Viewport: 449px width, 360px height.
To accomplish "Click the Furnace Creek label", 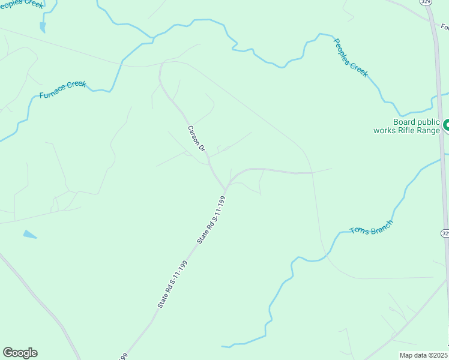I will click(62, 90).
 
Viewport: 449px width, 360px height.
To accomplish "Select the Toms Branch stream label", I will click(372, 227).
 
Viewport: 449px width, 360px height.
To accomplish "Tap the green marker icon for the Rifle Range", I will click(446, 125).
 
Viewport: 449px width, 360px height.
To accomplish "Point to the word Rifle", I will click(410, 130).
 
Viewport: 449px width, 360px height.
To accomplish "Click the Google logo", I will click(20, 353).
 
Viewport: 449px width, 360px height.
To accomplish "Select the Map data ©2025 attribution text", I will click(424, 355).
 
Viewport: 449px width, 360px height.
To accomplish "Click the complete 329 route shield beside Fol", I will click(426, 2).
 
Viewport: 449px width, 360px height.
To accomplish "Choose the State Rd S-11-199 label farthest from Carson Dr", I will click(172, 285).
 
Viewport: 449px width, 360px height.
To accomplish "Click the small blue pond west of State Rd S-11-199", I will click(30, 235).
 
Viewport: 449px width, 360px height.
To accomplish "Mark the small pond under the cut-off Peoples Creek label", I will click(42, 27).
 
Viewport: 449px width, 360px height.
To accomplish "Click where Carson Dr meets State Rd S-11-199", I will click(224, 189).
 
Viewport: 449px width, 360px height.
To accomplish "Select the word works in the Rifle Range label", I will click(384, 130).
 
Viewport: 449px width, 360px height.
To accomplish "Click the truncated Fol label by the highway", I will click(444, 26).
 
